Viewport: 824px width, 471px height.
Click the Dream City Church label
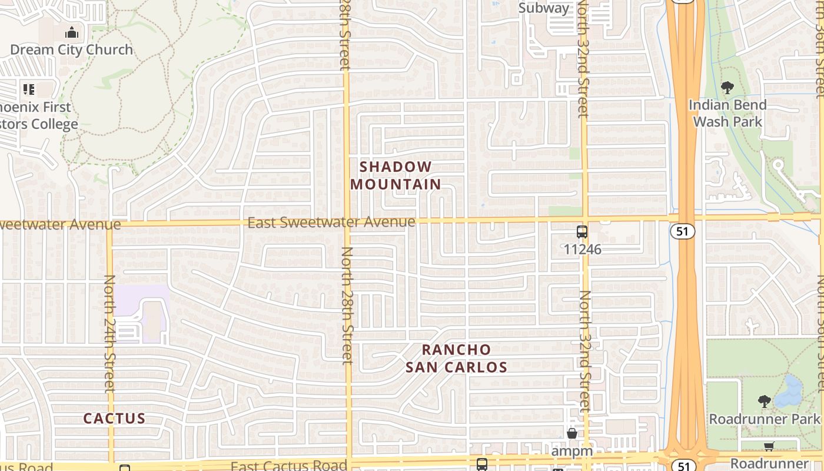pos(72,49)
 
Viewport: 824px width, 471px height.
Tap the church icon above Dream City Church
pos(72,32)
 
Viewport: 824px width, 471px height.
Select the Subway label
pos(544,8)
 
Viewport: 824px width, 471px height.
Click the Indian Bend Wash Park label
pos(727,113)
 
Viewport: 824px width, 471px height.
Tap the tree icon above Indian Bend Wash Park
pos(727,88)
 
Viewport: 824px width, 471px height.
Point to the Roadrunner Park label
pos(765,419)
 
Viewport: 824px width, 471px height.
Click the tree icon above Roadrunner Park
pos(765,402)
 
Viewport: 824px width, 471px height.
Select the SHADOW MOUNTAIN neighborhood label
pos(396,175)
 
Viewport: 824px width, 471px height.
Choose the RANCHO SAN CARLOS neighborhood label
pos(457,358)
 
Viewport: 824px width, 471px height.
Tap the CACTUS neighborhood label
pos(114,419)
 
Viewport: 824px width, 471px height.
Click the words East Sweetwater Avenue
pos(331,223)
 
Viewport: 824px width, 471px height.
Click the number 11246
pos(582,249)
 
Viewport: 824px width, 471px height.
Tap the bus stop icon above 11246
pos(582,231)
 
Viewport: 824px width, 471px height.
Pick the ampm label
pos(572,450)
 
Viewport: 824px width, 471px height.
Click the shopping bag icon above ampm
pos(572,434)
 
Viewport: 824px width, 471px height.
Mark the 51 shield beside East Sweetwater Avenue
pos(682,231)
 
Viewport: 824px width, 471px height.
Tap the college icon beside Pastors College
pos(29,89)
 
